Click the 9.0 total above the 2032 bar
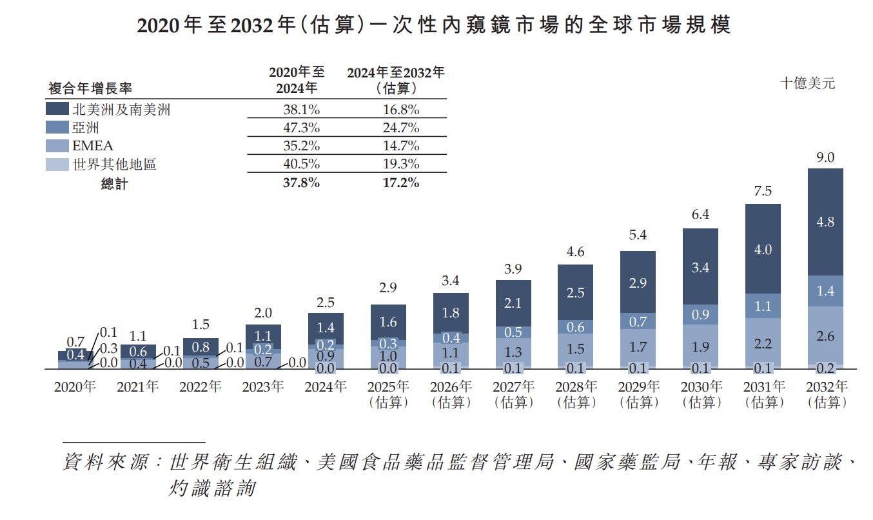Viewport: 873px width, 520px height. click(x=825, y=157)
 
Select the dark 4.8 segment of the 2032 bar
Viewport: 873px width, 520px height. click(x=825, y=222)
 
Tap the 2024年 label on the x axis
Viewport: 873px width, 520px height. click(x=326, y=387)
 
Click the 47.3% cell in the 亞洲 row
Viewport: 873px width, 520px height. click(x=301, y=128)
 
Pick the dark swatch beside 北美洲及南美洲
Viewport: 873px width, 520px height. click(x=57, y=109)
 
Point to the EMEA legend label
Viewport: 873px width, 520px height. click(x=93, y=146)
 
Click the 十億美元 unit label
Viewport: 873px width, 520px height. click(x=807, y=83)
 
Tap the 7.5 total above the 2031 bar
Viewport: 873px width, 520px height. click(x=763, y=192)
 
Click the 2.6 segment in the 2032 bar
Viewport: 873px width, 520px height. click(x=825, y=335)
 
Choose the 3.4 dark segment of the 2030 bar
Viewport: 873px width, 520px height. click(x=700, y=267)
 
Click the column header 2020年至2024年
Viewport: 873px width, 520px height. click(x=297, y=80)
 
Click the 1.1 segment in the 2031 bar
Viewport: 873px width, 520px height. click(x=763, y=307)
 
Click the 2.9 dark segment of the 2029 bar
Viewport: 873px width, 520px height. click(x=638, y=283)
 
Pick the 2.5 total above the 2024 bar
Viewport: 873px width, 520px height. click(x=326, y=302)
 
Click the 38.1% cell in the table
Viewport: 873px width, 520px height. click(x=301, y=110)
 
